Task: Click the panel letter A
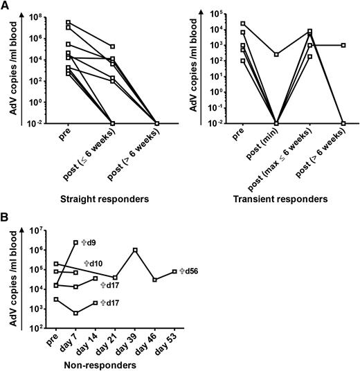(x=6, y=6)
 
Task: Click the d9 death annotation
(x=88, y=242)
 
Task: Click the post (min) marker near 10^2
(x=276, y=54)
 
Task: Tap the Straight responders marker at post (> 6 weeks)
(x=157, y=123)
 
